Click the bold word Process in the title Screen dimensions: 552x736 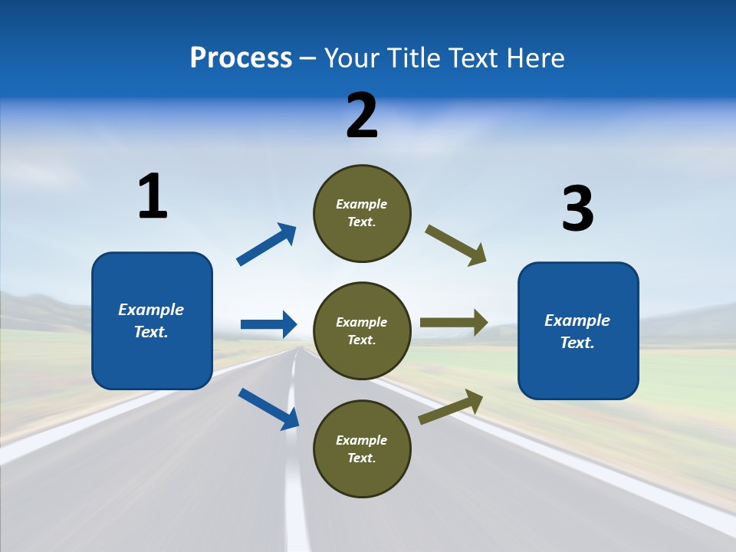pyautogui.click(x=241, y=58)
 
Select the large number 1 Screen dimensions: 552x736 pyautogui.click(x=153, y=197)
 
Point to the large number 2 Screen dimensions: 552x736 pyautogui.click(x=362, y=116)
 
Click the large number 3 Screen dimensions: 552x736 pyautogui.click(x=577, y=209)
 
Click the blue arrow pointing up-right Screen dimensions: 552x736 pyautogui.click(x=267, y=244)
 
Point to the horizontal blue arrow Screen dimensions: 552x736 pyautogui.click(x=268, y=324)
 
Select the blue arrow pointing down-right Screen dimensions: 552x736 pyautogui.click(x=268, y=409)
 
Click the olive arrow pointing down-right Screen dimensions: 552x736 pyautogui.click(x=455, y=245)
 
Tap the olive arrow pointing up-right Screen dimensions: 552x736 pyautogui.click(x=451, y=406)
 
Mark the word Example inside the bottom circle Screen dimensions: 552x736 pyautogui.click(x=362, y=440)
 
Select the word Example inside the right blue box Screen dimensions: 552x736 pyautogui.click(x=577, y=320)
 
